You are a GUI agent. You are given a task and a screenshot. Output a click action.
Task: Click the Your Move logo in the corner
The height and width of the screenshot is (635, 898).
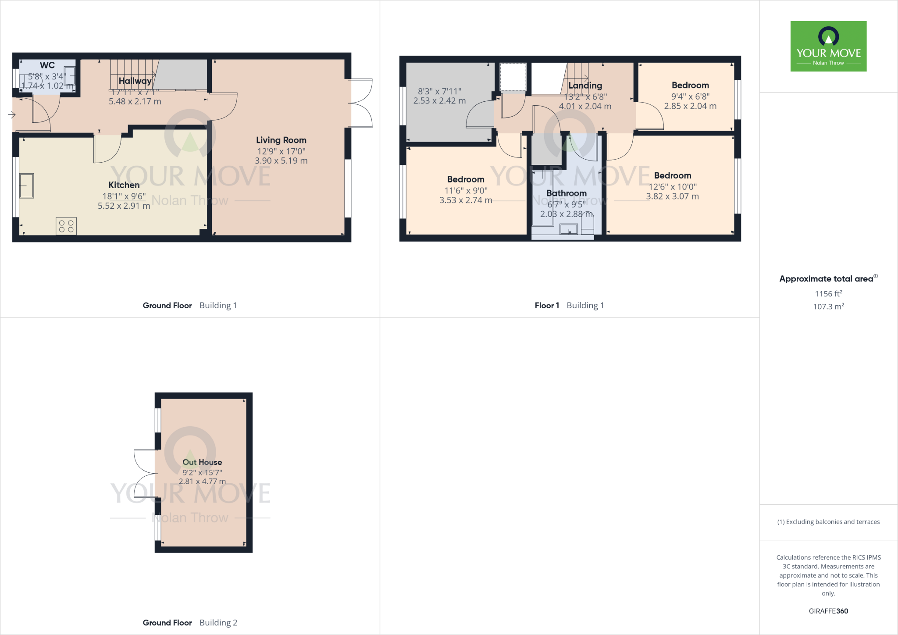tap(828, 46)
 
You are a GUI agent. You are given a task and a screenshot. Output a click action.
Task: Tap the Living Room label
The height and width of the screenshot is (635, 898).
tap(281, 140)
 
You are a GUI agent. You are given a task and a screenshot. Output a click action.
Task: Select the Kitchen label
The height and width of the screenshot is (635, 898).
tap(124, 185)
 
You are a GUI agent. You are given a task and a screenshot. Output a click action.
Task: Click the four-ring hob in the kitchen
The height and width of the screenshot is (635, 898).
tap(66, 226)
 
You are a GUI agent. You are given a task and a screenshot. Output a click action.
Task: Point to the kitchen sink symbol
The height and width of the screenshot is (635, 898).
tap(27, 186)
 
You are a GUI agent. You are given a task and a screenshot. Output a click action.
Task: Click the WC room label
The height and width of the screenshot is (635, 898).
tap(47, 65)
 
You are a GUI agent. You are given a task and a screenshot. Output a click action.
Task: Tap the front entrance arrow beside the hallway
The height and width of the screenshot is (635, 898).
tap(12, 115)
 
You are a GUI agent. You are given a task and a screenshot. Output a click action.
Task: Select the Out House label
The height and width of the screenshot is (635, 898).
tap(202, 462)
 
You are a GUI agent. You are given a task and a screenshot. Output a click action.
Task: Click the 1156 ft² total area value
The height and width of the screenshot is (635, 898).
tap(828, 294)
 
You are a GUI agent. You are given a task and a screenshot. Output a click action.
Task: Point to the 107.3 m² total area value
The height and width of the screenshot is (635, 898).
tap(828, 307)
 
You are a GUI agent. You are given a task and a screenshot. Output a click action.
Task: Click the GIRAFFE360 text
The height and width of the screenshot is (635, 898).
tap(828, 611)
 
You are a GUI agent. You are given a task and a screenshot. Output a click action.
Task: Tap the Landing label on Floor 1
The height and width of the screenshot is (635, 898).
tap(585, 86)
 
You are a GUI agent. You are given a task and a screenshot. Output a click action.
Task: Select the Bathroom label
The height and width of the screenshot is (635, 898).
tap(567, 193)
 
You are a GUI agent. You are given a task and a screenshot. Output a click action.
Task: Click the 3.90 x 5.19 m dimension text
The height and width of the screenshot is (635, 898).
tap(281, 161)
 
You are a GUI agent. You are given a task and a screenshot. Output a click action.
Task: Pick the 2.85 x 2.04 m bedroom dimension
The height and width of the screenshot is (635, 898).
tap(690, 106)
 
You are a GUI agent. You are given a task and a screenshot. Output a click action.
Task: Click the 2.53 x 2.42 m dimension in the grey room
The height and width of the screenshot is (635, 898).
tap(439, 101)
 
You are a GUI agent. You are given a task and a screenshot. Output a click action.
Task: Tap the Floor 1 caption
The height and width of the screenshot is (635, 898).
tap(547, 306)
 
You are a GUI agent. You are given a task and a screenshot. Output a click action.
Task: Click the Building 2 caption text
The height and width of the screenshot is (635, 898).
tap(218, 623)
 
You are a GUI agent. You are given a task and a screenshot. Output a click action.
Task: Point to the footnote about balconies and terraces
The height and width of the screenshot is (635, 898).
tap(828, 522)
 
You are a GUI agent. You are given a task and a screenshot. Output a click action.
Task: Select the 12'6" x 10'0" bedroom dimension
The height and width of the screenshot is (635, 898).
tap(673, 187)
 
